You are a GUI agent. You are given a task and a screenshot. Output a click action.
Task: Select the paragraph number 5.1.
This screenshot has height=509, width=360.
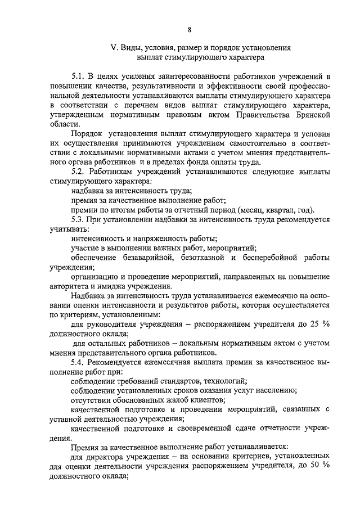point(78,76)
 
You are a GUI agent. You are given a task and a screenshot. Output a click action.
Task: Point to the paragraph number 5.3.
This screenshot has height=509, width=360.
point(78,220)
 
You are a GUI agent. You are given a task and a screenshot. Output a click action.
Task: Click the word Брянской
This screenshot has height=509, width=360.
point(309,115)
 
